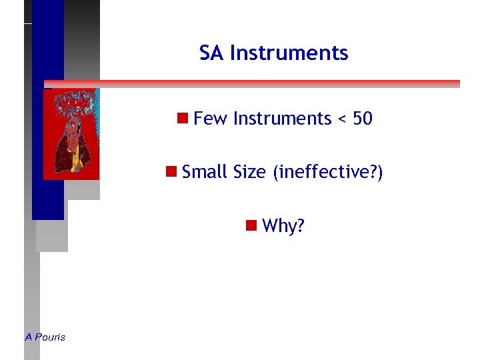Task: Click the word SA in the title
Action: point(211,53)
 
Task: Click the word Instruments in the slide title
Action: point(289,53)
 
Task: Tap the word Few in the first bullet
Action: point(210,119)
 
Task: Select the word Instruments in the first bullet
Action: point(282,119)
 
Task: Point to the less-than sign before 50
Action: point(341,119)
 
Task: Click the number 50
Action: point(362,119)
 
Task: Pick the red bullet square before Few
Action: point(181,119)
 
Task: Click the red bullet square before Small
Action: point(171,172)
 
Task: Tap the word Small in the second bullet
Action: point(205,172)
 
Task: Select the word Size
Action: point(250,172)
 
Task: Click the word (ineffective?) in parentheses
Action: point(327,173)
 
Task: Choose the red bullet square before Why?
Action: point(251,225)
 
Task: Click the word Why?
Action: point(283,226)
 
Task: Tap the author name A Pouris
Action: point(45,337)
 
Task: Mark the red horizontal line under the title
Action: point(267,84)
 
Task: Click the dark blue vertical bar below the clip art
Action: point(48,200)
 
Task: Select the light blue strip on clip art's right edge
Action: point(97,133)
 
